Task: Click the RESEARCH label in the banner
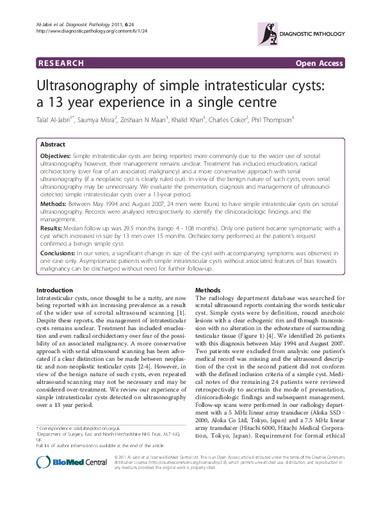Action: (61, 63)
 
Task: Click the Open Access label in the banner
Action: (319, 63)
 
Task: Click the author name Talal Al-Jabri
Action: (55, 119)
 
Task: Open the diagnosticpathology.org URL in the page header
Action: (93, 29)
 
